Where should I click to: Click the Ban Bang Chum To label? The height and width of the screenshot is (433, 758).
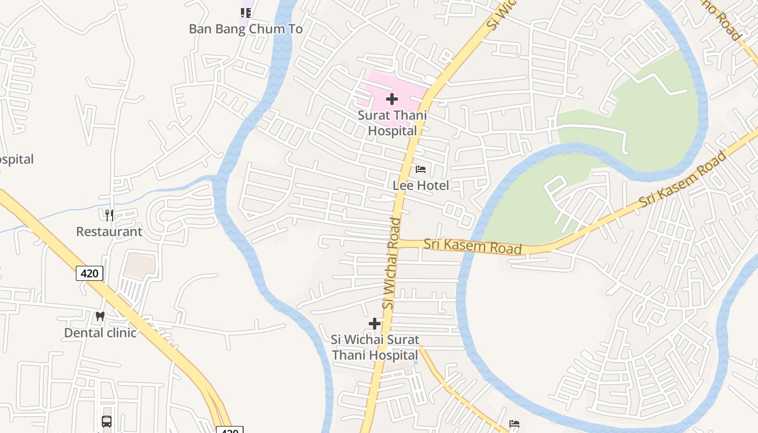click(245, 29)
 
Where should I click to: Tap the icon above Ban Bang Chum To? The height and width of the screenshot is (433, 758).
click(246, 12)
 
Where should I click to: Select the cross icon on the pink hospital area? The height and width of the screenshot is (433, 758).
click(392, 99)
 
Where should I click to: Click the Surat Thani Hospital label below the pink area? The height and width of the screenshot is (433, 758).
click(392, 123)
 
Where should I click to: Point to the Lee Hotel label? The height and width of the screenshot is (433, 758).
click(421, 186)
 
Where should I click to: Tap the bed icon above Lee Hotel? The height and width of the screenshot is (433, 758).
click(421, 169)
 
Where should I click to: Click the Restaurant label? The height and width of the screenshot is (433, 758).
click(109, 232)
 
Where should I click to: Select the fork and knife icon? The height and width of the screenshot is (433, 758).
click(109, 215)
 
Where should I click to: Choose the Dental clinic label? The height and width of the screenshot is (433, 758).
click(100, 332)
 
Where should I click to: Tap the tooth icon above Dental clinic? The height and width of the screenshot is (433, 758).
click(100, 316)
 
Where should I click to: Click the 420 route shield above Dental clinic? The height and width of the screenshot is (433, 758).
click(89, 273)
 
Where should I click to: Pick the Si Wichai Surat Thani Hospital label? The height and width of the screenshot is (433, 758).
click(375, 347)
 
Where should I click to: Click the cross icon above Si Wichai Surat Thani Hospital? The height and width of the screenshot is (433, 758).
click(375, 324)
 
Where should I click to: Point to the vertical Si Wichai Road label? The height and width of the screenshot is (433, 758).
click(391, 263)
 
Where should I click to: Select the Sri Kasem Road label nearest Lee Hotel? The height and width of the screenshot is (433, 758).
click(473, 246)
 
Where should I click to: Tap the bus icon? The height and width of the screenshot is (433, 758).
click(107, 421)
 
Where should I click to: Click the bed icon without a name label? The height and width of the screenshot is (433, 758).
click(514, 423)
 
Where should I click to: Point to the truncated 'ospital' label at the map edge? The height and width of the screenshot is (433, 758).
click(16, 159)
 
